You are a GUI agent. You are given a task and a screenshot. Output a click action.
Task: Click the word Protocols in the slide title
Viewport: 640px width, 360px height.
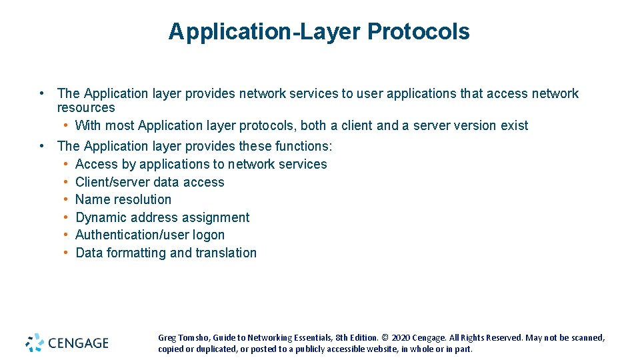coord(418,31)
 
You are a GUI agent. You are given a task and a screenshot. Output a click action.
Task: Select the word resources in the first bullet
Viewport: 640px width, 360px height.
coord(86,108)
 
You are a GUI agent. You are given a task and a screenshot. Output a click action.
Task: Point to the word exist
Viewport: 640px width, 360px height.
coord(514,125)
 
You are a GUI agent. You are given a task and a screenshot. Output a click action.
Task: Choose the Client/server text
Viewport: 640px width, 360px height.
coord(114,182)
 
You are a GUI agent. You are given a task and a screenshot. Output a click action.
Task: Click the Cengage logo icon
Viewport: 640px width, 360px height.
coord(35,343)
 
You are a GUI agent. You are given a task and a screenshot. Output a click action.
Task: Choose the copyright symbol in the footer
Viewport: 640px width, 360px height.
coord(385,338)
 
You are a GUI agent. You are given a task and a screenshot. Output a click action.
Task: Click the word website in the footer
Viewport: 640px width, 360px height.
coord(370,349)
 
